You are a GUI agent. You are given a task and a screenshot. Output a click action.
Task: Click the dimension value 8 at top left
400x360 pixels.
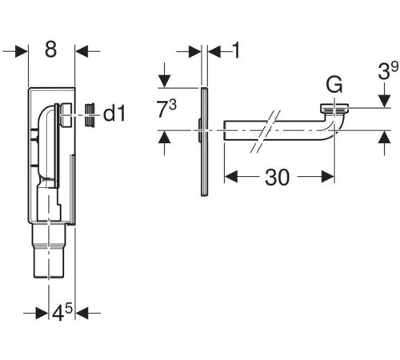[x=50, y=50]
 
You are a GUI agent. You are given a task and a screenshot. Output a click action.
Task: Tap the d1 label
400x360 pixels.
[x=114, y=114]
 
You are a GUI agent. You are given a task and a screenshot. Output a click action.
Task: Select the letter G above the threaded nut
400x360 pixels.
[x=334, y=84]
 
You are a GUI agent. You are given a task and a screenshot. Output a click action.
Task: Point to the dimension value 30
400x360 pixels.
[x=277, y=178]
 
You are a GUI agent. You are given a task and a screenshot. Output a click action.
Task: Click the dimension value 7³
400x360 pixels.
[x=166, y=109]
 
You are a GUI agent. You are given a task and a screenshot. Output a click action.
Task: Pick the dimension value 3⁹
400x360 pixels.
[x=388, y=70]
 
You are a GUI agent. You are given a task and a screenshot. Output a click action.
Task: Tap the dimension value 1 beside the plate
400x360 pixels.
[x=236, y=50]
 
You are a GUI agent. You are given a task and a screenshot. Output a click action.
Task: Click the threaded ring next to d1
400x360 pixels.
[x=90, y=114]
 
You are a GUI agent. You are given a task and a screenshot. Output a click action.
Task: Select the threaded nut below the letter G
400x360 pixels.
[x=334, y=109]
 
